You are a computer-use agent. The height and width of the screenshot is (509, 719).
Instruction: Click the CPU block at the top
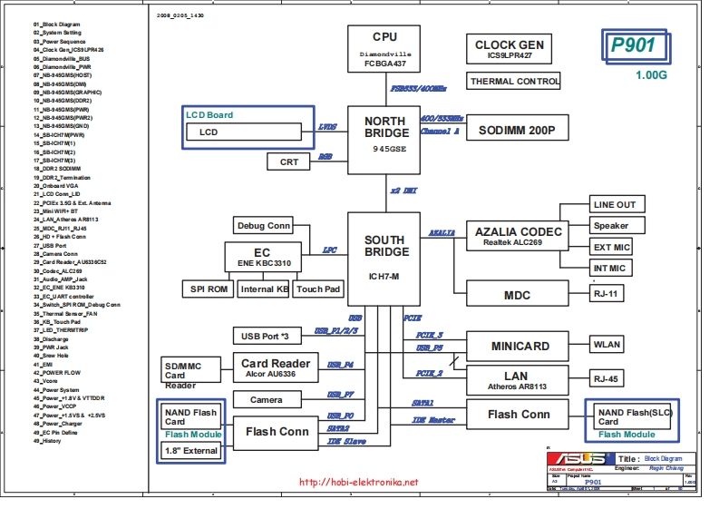384,51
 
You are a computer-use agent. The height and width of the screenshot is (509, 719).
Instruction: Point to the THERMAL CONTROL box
515,82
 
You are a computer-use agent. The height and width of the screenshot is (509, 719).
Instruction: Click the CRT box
289,162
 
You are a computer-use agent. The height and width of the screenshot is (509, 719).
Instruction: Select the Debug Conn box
264,226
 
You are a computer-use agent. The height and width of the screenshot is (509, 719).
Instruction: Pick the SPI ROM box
208,289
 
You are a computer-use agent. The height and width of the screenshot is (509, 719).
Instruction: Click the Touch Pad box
318,289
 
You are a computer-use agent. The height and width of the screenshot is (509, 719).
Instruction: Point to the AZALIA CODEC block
519,237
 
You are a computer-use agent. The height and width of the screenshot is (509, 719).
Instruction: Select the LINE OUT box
615,204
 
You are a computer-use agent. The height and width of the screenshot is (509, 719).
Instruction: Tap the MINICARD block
520,346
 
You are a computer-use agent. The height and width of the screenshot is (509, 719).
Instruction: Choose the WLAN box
607,346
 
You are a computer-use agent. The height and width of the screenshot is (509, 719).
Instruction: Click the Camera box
266,399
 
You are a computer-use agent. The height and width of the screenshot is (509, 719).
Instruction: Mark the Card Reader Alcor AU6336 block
276,368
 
